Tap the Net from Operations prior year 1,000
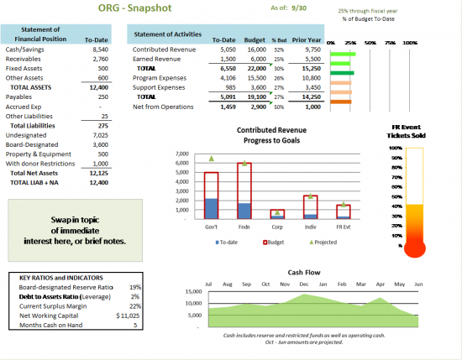[312, 108]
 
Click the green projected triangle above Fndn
[244, 157]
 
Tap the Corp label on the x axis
[276, 227]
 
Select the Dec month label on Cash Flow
[303, 285]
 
